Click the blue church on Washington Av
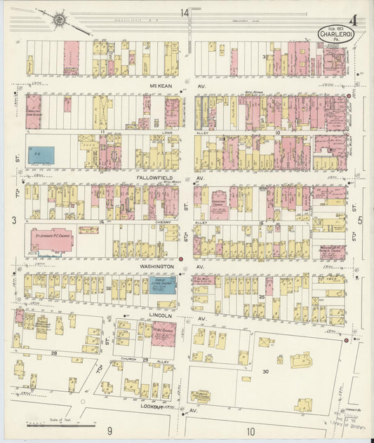click(x=161, y=285)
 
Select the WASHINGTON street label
click(x=149, y=267)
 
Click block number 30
click(x=265, y=371)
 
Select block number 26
click(x=109, y=288)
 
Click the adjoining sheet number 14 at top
click(x=184, y=13)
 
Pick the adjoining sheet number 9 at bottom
click(x=109, y=430)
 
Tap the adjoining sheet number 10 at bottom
click(x=251, y=431)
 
